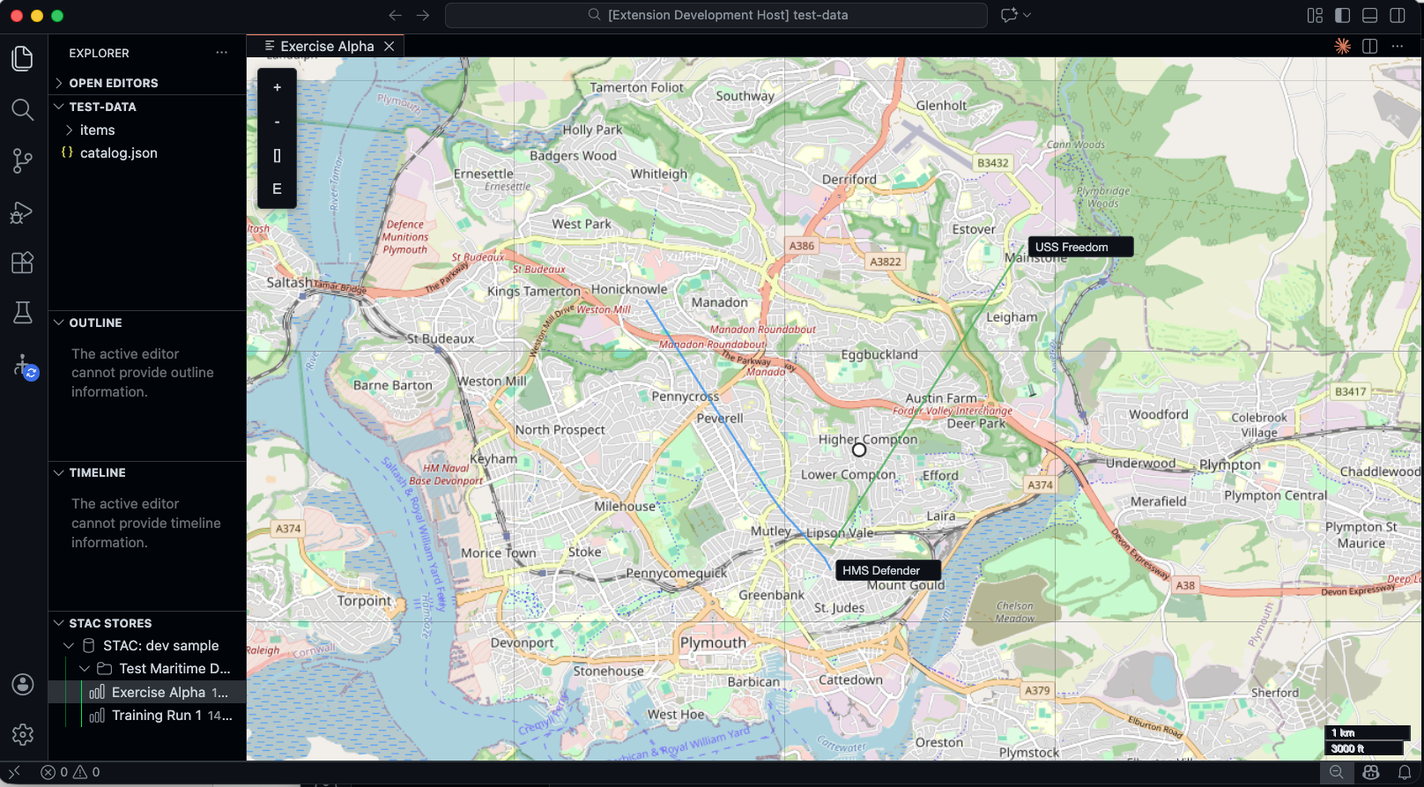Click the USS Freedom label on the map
point(1072,248)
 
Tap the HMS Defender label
point(881,571)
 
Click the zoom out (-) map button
point(277,122)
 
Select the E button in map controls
point(277,189)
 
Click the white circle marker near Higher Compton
point(859,450)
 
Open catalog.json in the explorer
point(118,153)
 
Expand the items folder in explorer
point(97,130)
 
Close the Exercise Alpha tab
point(389,47)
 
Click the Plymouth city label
point(713,642)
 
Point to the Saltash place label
point(289,283)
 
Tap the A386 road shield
point(802,246)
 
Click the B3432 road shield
point(993,163)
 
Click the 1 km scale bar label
point(1343,733)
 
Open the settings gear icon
point(23,734)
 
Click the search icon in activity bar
point(23,110)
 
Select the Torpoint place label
point(364,601)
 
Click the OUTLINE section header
point(95,323)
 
